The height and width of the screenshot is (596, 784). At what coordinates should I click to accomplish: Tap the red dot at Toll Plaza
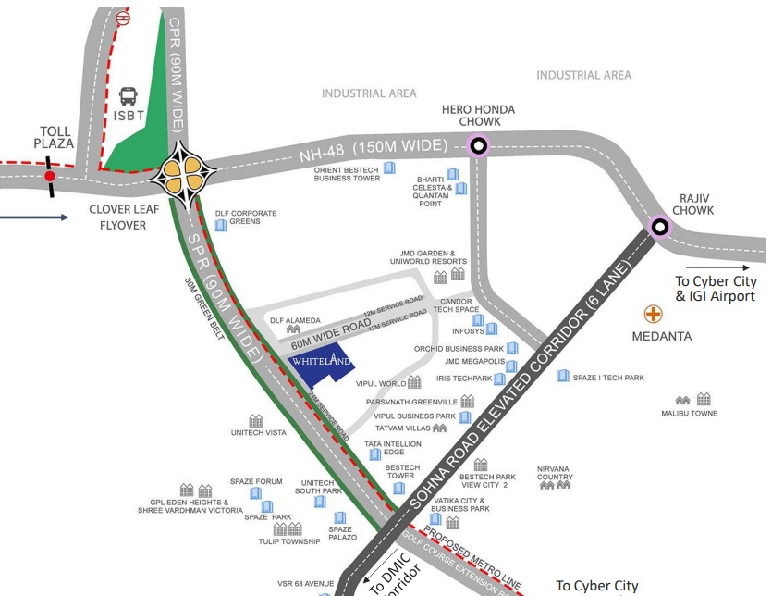[x=49, y=175]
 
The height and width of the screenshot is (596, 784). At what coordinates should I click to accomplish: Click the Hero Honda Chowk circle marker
[x=478, y=144]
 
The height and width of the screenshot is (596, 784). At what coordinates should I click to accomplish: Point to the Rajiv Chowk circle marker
[x=659, y=226]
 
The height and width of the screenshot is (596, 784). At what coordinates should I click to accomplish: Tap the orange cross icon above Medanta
[x=654, y=315]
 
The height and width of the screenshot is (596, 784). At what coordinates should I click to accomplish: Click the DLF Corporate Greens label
[x=246, y=217]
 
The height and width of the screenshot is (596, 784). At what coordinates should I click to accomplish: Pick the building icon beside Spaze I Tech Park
[x=563, y=376]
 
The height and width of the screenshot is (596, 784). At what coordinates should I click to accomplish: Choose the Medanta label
[x=662, y=336]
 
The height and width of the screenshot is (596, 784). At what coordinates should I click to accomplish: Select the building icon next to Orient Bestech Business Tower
[x=389, y=168]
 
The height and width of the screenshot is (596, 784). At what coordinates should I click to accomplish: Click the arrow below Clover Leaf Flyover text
[x=34, y=218]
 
